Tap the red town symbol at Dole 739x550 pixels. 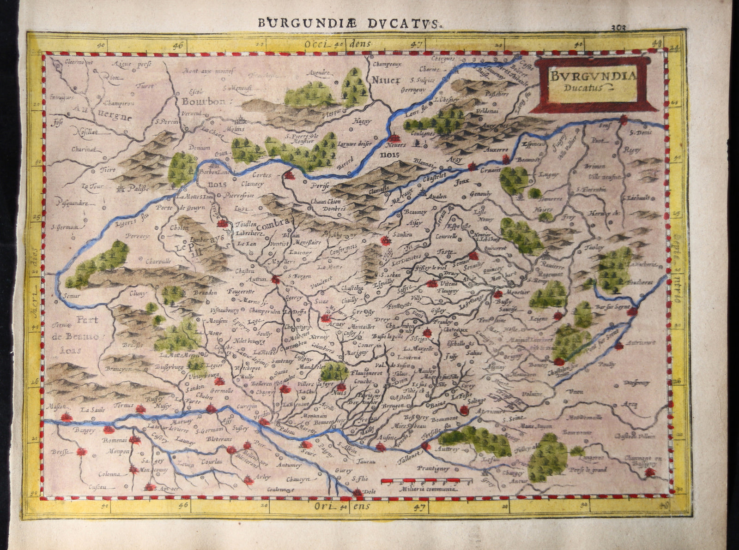(x=357, y=492)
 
